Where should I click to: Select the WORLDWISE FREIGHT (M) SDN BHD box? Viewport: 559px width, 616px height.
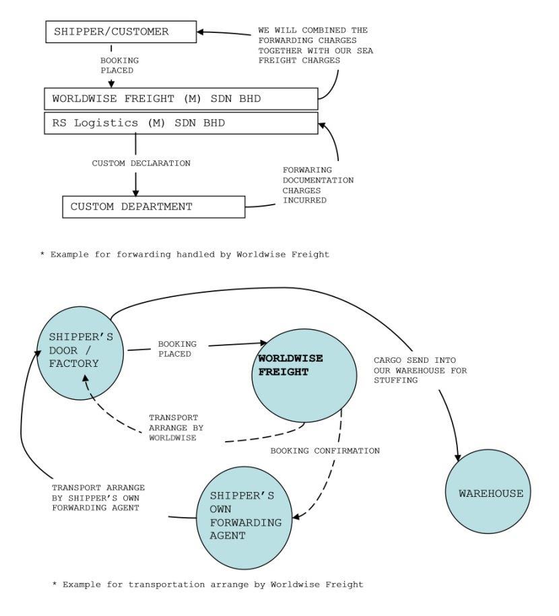(181, 99)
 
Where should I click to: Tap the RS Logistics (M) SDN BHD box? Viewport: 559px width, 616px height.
(181, 123)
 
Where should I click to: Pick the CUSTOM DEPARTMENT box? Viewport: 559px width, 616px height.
(154, 207)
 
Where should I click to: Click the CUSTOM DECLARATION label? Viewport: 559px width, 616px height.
(141, 164)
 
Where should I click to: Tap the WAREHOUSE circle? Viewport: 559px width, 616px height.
(490, 493)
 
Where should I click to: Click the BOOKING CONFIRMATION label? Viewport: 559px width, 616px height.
(325, 450)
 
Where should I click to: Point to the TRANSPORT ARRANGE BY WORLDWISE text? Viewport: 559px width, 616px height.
(174, 427)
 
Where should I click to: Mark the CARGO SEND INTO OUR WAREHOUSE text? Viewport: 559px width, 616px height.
(420, 370)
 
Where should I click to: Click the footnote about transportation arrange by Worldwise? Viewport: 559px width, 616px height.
(207, 584)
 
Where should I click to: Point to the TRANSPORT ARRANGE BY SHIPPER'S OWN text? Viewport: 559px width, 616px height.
(98, 497)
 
